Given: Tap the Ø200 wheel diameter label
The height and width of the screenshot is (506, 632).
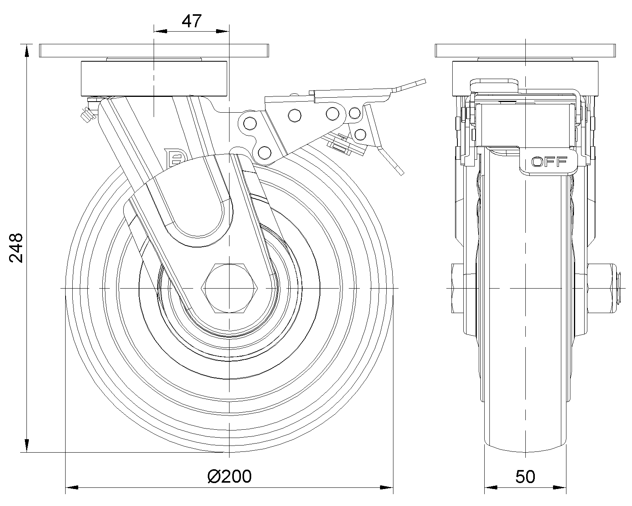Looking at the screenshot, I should [x=229, y=477].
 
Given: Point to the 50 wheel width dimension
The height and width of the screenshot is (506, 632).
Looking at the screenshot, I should [x=525, y=477].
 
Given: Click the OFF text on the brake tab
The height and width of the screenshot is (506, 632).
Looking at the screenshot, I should [x=549, y=161].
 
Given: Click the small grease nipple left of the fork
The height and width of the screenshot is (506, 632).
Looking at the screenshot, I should [x=86, y=114].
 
